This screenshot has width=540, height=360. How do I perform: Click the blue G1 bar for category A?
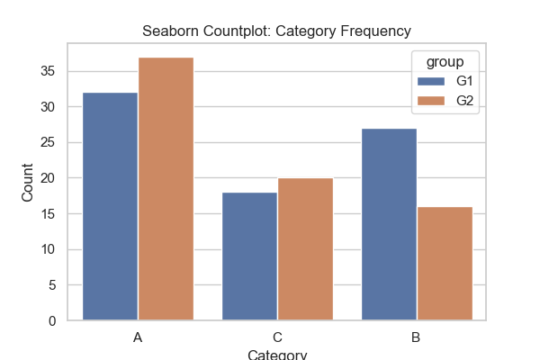click(110, 206)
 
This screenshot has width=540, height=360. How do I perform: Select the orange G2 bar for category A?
click(166, 189)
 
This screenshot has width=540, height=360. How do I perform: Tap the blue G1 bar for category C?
click(249, 256)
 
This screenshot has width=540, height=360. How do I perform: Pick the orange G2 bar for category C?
click(305, 249)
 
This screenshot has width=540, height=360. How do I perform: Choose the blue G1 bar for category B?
click(389, 224)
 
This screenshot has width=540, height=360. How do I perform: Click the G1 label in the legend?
click(465, 82)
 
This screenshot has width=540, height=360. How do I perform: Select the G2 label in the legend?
click(465, 101)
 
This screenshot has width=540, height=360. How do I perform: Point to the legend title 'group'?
click(446, 62)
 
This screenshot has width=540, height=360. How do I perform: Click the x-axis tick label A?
click(138, 337)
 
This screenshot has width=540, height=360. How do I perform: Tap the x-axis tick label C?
click(277, 337)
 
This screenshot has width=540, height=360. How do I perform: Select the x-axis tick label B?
click(417, 337)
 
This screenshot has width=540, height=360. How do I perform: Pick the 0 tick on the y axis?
click(59, 321)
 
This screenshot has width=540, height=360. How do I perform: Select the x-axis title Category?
click(277, 354)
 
